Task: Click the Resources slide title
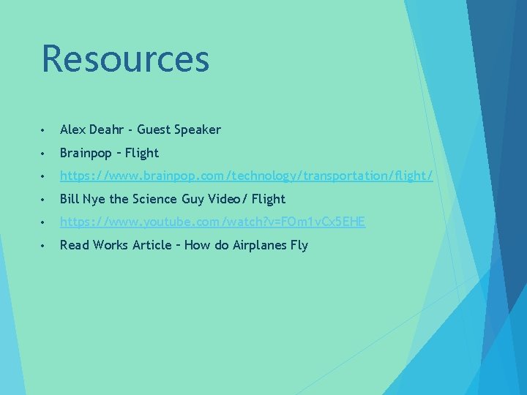[125, 59]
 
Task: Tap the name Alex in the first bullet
[72, 129]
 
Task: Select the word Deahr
[107, 129]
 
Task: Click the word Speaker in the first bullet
[197, 129]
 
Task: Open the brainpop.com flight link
[246, 176]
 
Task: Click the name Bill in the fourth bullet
[68, 198]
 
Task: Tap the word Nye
[93, 199]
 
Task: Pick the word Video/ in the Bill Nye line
[228, 198]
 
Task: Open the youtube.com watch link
[212, 222]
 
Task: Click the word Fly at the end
[299, 245]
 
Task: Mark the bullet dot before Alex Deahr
[45, 130]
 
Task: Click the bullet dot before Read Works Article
[45, 246]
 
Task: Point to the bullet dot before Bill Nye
[45, 199]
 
